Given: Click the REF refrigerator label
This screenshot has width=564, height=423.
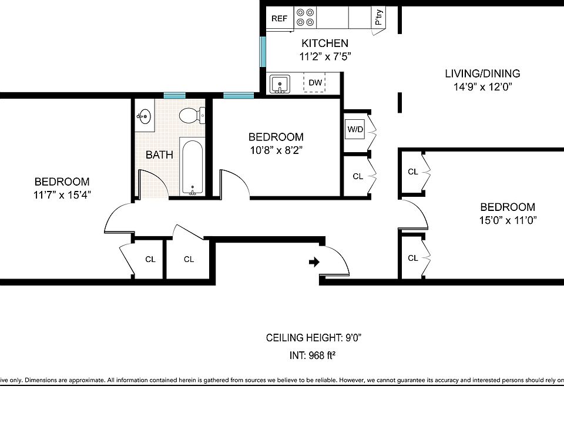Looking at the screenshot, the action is (x=280, y=18).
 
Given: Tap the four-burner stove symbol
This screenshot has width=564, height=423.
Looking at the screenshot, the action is (x=305, y=17).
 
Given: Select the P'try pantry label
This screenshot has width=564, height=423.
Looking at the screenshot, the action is (x=379, y=17).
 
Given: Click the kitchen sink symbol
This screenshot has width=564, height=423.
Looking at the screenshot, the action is (x=280, y=84).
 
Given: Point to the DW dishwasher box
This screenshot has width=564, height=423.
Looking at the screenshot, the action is (x=315, y=82).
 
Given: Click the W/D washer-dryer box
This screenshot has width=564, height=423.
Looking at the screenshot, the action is (x=355, y=129).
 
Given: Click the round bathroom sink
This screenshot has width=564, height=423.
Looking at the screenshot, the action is (x=145, y=116).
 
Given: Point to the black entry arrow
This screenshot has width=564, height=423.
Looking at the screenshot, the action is (x=314, y=262).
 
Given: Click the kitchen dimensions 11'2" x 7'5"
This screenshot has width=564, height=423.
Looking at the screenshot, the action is (x=325, y=56).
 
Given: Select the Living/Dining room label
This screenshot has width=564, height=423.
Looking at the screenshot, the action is (x=483, y=73).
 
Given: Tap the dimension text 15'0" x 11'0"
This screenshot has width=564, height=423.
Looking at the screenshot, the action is (x=508, y=220).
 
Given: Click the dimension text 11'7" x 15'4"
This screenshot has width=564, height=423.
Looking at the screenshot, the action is (x=62, y=194).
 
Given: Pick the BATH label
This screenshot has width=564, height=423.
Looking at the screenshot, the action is (x=159, y=155).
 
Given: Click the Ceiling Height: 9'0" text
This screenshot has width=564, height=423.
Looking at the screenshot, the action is (x=314, y=338).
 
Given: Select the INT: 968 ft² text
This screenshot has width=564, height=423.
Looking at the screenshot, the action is (x=313, y=355).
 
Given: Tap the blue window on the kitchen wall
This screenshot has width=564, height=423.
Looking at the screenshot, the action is (x=263, y=52).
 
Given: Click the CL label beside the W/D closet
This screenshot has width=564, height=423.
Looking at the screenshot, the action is (x=358, y=176).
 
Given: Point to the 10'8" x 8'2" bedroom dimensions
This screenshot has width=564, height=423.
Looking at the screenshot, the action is (x=276, y=150).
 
